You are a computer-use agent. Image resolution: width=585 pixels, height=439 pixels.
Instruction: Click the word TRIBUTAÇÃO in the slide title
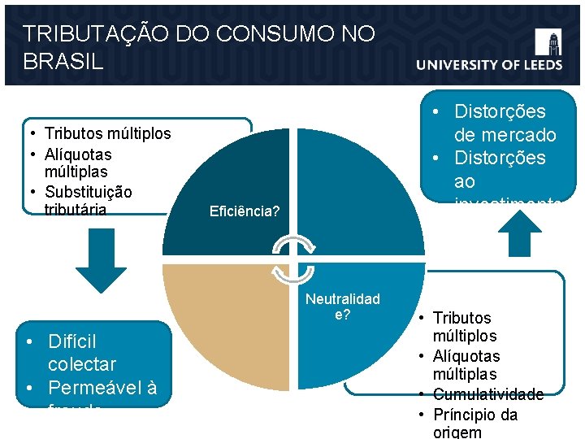pos(87,35)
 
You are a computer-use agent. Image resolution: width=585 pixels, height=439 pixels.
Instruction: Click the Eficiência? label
pos(245,211)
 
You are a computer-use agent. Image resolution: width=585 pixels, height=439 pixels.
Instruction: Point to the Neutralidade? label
pos(342,306)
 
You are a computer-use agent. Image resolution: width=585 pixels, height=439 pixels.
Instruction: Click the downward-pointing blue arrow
pos(101,266)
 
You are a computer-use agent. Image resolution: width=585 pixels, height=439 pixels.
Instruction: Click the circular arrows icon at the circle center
pos(292,259)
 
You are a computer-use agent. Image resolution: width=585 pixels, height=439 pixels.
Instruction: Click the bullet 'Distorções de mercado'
pos(504,123)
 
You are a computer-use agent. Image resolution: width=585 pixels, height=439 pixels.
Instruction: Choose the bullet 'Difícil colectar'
pos(81,353)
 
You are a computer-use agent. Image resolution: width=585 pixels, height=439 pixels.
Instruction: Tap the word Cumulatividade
pos(487,394)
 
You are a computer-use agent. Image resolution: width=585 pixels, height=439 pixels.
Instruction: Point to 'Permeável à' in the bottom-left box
pos(102,388)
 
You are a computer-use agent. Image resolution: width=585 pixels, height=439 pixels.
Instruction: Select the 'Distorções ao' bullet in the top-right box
pos(500,169)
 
